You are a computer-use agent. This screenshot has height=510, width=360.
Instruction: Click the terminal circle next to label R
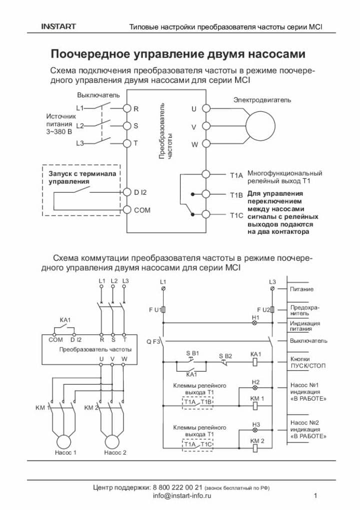(126, 108)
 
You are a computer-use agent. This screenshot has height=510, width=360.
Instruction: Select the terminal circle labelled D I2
(126, 192)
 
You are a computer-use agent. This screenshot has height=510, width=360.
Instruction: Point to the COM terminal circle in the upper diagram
(126, 210)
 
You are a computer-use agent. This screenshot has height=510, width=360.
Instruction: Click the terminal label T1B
(236, 195)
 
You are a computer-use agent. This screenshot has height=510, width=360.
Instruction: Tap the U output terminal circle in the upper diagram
(205, 108)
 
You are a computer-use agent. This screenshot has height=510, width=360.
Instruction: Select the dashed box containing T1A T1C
(198, 444)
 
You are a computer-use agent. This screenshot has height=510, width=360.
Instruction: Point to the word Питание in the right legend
(302, 289)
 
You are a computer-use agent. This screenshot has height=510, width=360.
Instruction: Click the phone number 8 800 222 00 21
(177, 487)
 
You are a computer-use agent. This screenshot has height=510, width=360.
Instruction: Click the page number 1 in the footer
(315, 496)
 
